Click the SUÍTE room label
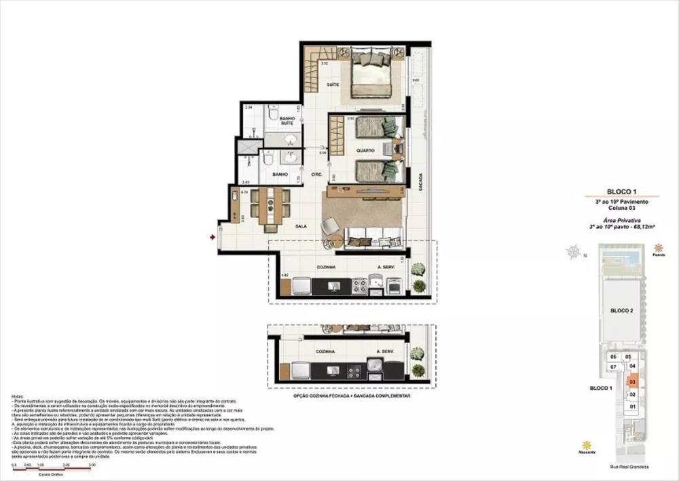[x=333, y=84]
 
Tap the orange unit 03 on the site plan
[x=632, y=382]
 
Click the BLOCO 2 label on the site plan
[x=621, y=310]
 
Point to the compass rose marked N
[x=576, y=255]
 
